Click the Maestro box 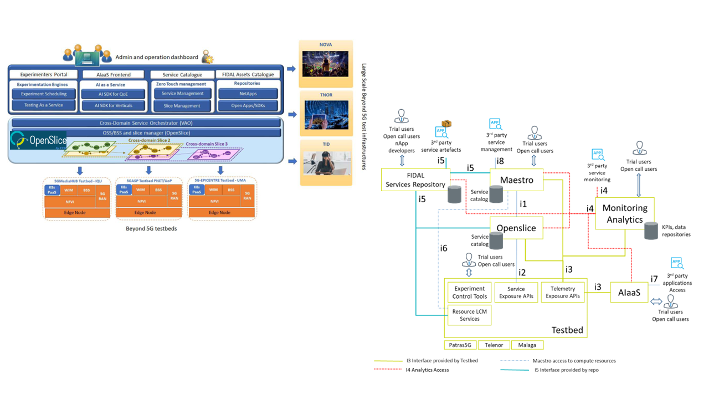click(x=516, y=180)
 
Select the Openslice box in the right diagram click(x=516, y=228)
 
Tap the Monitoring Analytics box click(x=625, y=213)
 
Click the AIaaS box click(x=629, y=292)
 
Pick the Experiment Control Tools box click(x=469, y=292)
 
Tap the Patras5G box click(x=460, y=345)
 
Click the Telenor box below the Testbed click(x=494, y=345)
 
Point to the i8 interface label click(x=500, y=161)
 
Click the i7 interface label click(x=654, y=279)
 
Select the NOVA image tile click(x=325, y=63)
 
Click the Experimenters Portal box click(x=44, y=74)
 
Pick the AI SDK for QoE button click(x=112, y=94)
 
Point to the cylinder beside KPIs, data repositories click(x=652, y=231)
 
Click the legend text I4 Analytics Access click(x=427, y=370)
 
